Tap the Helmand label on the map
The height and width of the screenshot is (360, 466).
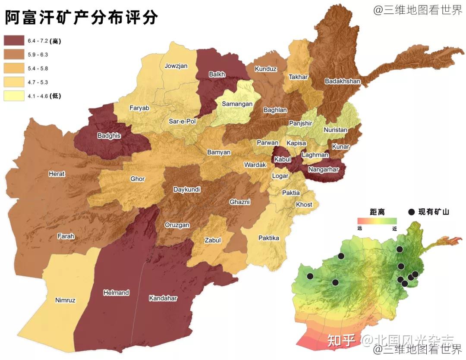point(116,293)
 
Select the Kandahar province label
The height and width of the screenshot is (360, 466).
point(163,298)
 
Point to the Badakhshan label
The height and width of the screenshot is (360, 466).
point(342,81)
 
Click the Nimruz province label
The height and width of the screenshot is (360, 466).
point(65,300)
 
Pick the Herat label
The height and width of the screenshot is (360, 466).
point(57,174)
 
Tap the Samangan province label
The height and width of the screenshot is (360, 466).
point(237,104)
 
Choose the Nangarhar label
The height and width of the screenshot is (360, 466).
point(323,169)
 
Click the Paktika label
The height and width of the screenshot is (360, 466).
point(268,238)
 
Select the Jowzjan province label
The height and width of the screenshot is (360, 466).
point(176,66)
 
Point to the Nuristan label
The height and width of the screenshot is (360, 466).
point(335,130)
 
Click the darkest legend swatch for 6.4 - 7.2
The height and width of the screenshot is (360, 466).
point(14,41)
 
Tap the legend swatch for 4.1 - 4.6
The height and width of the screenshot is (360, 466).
point(14,96)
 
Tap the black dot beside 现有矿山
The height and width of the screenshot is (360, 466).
point(411,212)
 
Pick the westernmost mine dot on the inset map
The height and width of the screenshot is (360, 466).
point(310,276)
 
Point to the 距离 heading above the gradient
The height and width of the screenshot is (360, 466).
point(377,212)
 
